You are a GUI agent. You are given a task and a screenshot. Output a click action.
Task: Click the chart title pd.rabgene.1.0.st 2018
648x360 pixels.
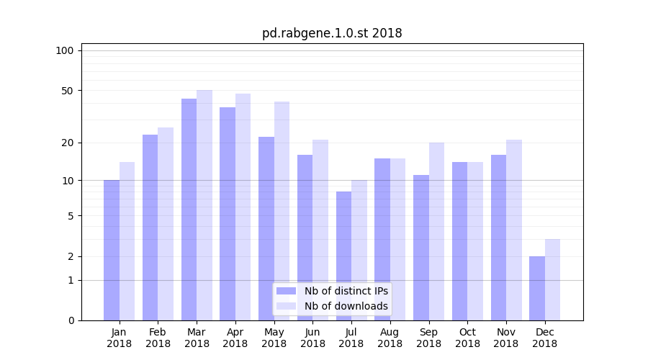(x=332, y=33)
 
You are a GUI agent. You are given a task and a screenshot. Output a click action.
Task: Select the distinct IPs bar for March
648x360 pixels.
(x=189, y=209)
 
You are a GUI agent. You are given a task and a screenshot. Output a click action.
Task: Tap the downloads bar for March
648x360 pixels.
(x=204, y=205)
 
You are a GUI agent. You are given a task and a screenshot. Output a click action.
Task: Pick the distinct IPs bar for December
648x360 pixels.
(x=537, y=288)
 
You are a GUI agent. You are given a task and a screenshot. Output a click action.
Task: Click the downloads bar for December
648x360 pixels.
(x=552, y=279)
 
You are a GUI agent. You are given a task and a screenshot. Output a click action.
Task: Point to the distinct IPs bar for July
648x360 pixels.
(x=343, y=256)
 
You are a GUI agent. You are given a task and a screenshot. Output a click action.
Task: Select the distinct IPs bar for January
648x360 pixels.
(x=112, y=250)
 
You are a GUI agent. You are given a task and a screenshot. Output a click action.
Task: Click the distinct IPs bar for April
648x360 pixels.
(x=228, y=214)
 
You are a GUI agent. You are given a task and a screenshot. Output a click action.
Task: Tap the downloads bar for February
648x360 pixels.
(x=166, y=223)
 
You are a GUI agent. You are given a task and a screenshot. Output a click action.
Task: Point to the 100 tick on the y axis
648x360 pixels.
(x=65, y=50)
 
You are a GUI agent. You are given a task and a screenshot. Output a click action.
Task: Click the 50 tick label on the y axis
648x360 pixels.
(x=68, y=91)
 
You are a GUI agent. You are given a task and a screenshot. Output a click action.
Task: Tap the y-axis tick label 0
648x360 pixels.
(x=71, y=320)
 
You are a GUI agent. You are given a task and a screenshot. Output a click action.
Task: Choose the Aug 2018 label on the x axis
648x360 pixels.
(x=390, y=338)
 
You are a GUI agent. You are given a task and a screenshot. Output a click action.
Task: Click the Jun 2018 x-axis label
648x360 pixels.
(x=312, y=338)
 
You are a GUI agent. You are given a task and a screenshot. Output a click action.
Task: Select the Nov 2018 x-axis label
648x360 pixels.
(x=506, y=338)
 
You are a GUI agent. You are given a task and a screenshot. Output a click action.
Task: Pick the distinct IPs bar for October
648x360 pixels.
(x=459, y=241)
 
